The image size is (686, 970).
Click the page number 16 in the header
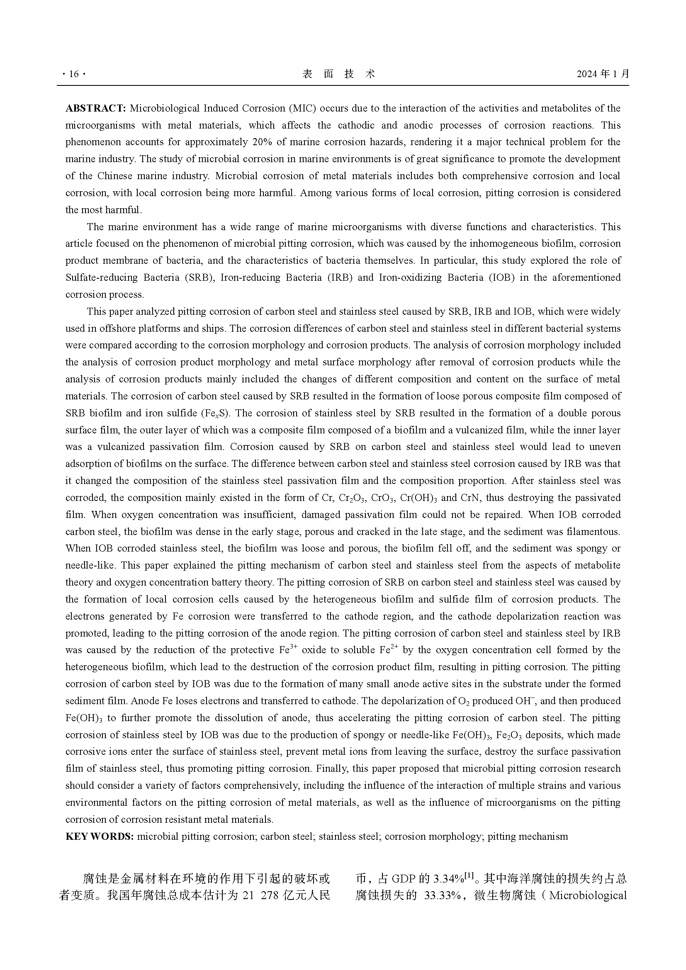(x=73, y=74)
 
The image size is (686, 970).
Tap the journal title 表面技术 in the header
(x=338, y=74)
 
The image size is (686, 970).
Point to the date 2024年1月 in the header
(x=603, y=74)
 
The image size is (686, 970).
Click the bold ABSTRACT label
(x=95, y=109)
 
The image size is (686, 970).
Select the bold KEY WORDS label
(x=100, y=836)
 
